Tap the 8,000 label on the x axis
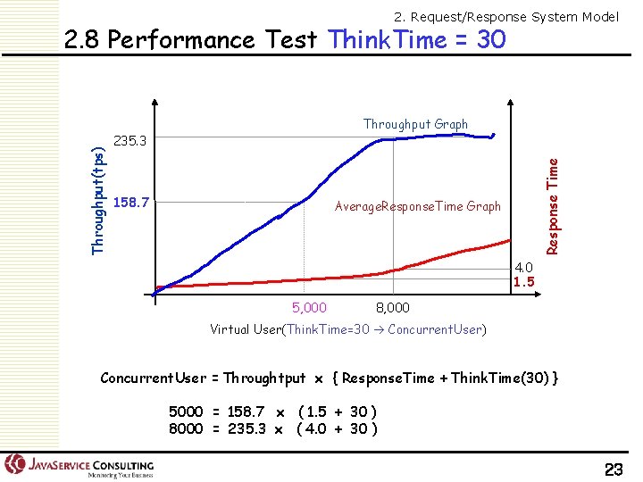(392, 308)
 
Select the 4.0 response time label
(524, 268)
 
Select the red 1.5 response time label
(524, 282)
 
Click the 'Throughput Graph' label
(415, 124)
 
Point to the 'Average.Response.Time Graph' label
(417, 206)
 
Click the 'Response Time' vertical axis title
(553, 205)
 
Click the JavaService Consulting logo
(80, 466)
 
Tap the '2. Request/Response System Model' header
(505, 16)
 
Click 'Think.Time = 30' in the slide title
(416, 40)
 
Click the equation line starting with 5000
(272, 411)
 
